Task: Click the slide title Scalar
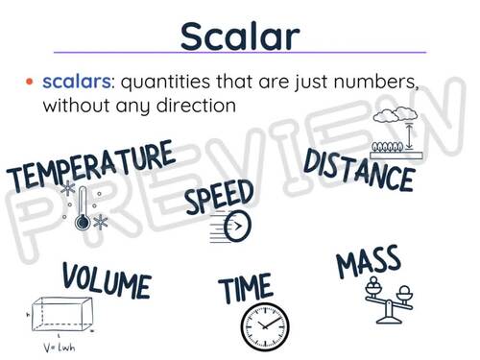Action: pos(239,36)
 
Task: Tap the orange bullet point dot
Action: pos(30,84)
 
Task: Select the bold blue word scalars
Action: pos(75,84)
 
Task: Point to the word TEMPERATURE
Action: pos(92,166)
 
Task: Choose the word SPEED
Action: pos(219,199)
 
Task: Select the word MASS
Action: pos(369,264)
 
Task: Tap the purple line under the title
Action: pos(239,54)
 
